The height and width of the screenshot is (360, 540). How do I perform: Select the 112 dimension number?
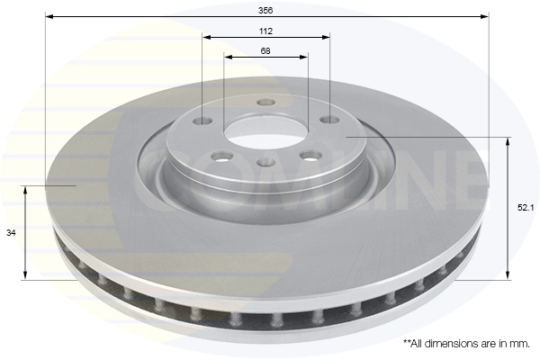[266, 31]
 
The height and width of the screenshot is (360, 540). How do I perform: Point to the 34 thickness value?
[11, 233]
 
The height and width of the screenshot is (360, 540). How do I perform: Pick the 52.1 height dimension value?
[525, 208]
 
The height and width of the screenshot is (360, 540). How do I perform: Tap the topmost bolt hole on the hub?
[265, 102]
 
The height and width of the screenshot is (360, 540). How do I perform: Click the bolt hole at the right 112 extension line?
[330, 119]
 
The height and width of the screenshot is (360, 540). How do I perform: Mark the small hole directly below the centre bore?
[265, 162]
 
